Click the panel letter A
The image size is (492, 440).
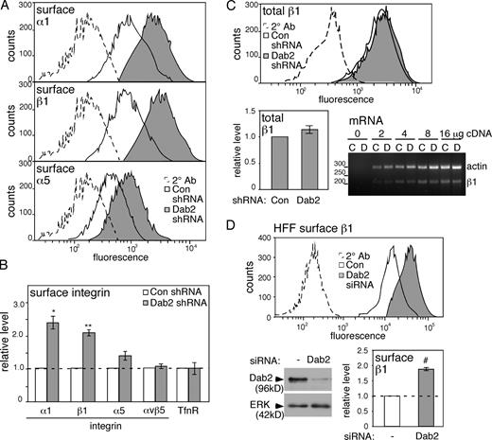tap(9, 9)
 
